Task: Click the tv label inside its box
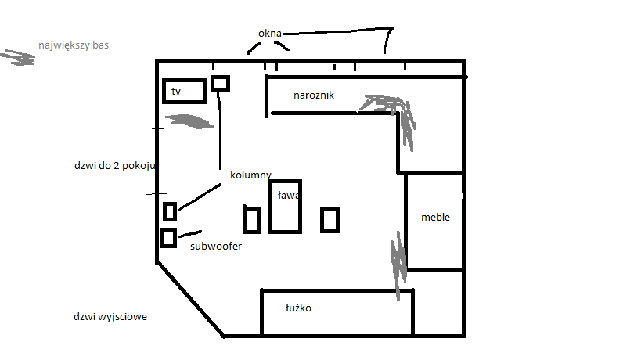tap(176, 91)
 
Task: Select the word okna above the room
tap(270, 33)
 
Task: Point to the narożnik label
tap(314, 95)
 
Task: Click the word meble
tap(435, 217)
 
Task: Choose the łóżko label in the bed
tap(298, 308)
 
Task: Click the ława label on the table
tap(288, 196)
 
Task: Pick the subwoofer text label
tap(216, 246)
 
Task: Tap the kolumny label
tap(250, 175)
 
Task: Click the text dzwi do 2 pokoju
tap(115, 165)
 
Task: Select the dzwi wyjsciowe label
tap(110, 317)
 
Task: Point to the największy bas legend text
tap(74, 45)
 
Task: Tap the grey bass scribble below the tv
tap(189, 121)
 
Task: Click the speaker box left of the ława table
tap(252, 220)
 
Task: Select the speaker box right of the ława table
tap(330, 219)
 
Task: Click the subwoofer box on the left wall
tap(168, 238)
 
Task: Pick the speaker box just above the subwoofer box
tap(170, 211)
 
